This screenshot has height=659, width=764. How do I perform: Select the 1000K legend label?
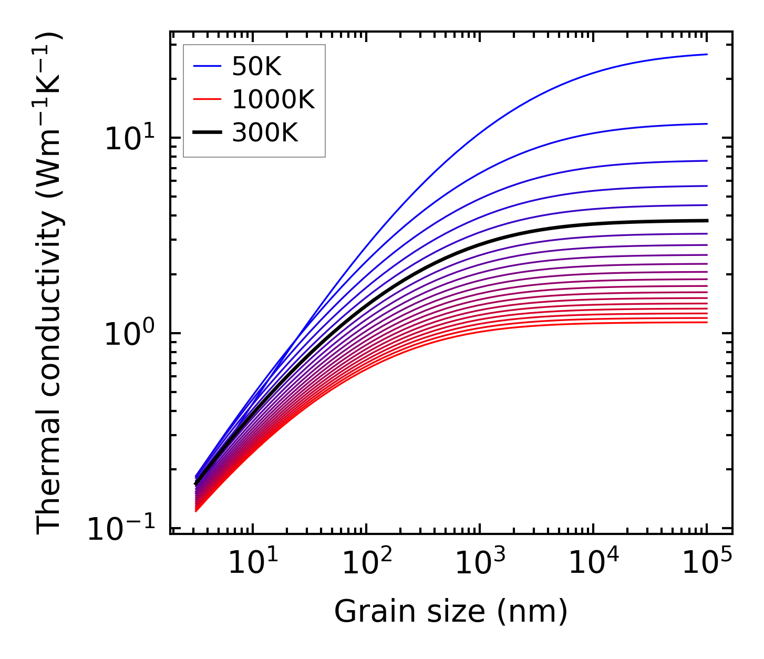[273, 99]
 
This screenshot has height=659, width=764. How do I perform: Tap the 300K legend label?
[264, 133]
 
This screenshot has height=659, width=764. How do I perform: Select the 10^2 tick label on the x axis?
[366, 563]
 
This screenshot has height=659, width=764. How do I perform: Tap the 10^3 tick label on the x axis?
[480, 563]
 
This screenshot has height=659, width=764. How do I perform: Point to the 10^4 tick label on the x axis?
[593, 563]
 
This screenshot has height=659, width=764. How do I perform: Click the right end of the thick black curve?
[707, 221]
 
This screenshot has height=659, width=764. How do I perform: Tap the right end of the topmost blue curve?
[707, 54]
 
